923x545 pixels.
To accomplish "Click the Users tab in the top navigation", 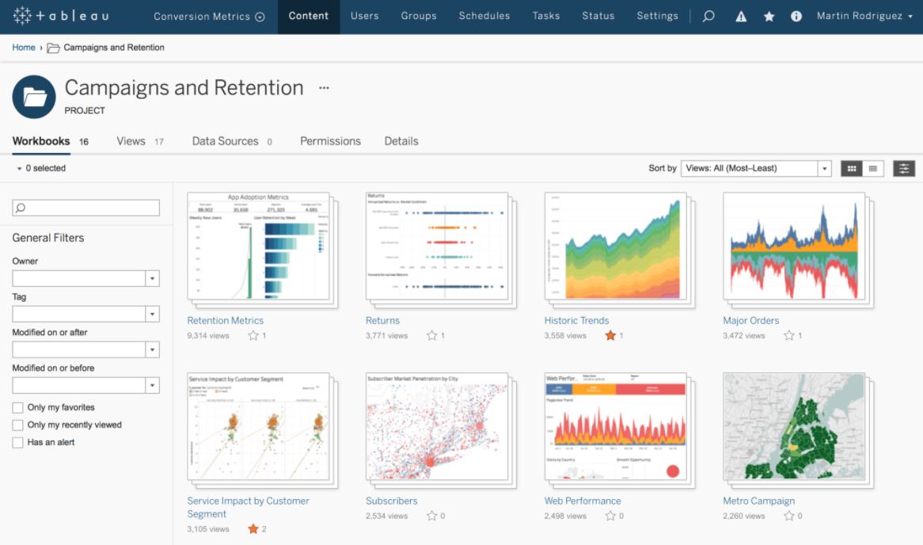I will tap(364, 16).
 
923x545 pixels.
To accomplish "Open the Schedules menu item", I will tap(484, 16).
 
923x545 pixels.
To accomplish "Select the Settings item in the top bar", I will tap(657, 16).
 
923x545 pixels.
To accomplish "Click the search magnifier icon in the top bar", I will tap(708, 16).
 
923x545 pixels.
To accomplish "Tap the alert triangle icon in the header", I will tap(741, 17).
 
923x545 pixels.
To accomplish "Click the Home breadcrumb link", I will tap(24, 48).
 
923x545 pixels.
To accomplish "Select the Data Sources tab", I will tap(225, 141).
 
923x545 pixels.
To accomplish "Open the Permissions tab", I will tap(330, 141).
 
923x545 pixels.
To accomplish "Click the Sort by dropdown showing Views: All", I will tap(755, 168).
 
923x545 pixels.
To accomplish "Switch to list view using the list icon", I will tap(873, 168).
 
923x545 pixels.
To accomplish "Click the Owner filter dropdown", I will tap(85, 278).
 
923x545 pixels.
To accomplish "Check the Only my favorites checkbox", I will tap(17, 407).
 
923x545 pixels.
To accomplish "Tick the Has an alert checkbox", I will tap(17, 442).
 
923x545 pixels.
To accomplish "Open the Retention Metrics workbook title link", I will tap(225, 321).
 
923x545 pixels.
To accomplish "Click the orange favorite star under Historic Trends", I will tap(610, 336).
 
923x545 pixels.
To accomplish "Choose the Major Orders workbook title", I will tap(750, 321).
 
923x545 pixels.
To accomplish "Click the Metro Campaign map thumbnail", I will tap(793, 426).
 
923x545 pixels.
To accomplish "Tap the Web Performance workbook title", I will tap(583, 501).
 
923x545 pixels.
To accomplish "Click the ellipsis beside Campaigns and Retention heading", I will tap(324, 88).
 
